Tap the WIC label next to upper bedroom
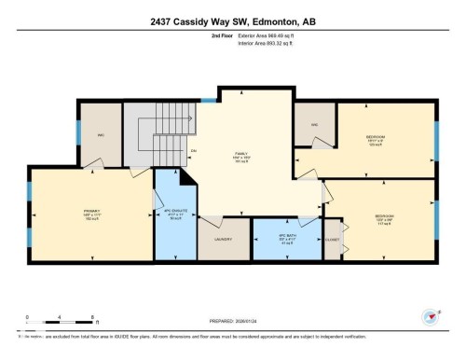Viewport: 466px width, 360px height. pyautogui.click(x=315, y=123)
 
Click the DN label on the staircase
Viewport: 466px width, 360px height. pyautogui.click(x=193, y=151)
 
